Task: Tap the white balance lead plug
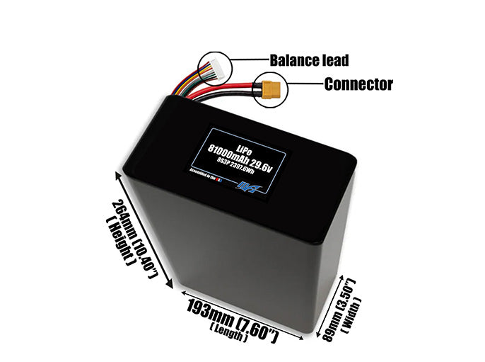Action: [x=211, y=68]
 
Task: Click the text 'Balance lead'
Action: [x=309, y=60]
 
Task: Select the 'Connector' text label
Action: [x=358, y=85]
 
